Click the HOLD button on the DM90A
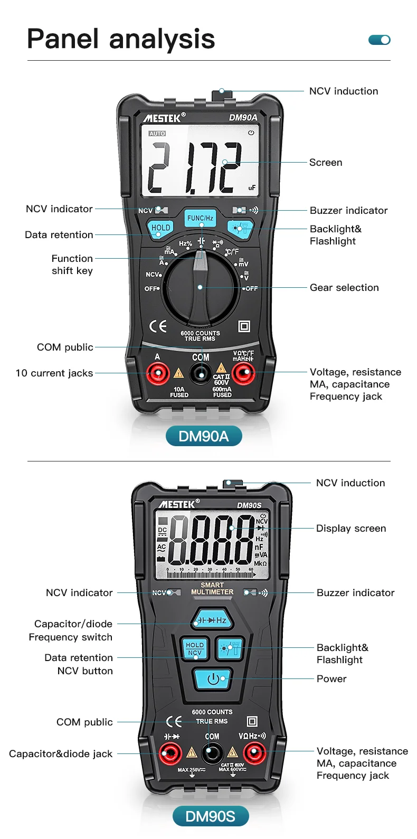pos(160,228)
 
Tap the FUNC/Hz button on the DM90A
pos(200,218)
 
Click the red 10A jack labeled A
pos(157,374)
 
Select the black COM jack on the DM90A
pos(201,374)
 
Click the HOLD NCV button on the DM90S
pos(194,649)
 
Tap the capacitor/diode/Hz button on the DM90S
pos(212,620)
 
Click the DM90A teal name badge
pos(204,436)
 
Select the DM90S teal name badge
pos(211,816)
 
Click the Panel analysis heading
pos(121,39)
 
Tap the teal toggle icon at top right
pos(379,40)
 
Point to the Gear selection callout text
pos(344,288)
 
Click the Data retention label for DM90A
pos(59,235)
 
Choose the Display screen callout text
pos(351,529)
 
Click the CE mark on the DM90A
pos(158,326)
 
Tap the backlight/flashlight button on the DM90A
pos(240,229)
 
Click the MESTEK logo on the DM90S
pos(176,504)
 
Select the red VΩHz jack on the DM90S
pos(254,753)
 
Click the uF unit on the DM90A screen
pos(252,187)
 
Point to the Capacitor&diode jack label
pos(61,754)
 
